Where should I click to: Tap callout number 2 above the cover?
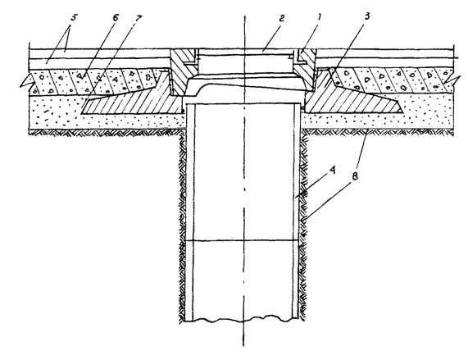point(281,19)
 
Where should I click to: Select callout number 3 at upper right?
point(367,16)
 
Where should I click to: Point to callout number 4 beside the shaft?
point(333,171)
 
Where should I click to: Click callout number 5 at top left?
point(74,17)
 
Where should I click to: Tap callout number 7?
point(138,18)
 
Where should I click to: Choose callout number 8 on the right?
point(355,176)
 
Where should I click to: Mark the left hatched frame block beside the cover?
point(183,71)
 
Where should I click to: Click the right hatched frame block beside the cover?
point(304,71)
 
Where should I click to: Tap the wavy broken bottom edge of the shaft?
point(242,319)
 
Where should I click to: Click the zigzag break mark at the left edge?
point(28,81)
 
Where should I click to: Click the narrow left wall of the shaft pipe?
point(189,212)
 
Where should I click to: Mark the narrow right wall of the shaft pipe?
point(296,211)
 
